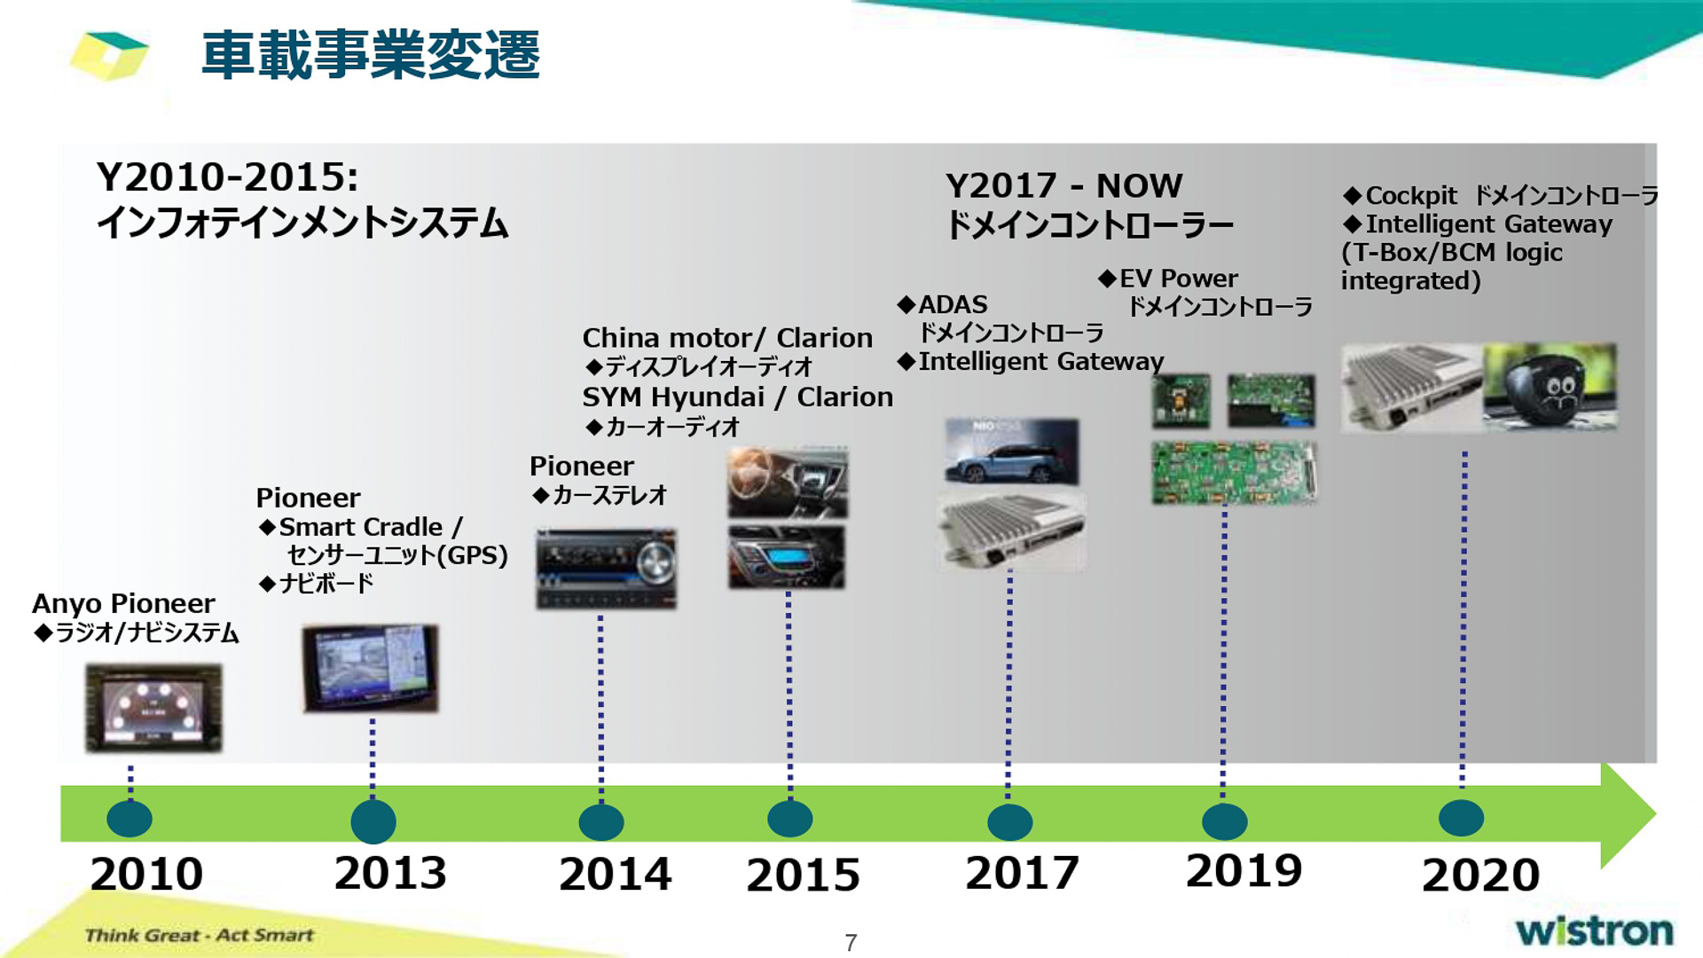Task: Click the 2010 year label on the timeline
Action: pyautogui.click(x=146, y=875)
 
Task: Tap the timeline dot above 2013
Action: pyautogui.click(x=373, y=821)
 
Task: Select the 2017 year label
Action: pyautogui.click(x=1022, y=873)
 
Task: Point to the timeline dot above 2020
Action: pyautogui.click(x=1461, y=818)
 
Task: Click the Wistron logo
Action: pyautogui.click(x=1594, y=931)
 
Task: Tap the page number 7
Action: pyautogui.click(x=851, y=943)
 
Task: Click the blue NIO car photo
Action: pyautogui.click(x=1011, y=452)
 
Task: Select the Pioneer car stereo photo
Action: pyautogui.click(x=606, y=569)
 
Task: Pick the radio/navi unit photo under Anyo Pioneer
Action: pyautogui.click(x=153, y=708)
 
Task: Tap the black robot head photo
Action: pyautogui.click(x=1550, y=388)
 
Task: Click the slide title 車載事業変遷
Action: pyautogui.click(x=371, y=55)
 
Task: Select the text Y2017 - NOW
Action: pyautogui.click(x=1063, y=186)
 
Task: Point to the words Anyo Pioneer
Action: pyautogui.click(x=123, y=604)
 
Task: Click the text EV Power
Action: pyautogui.click(x=1178, y=279)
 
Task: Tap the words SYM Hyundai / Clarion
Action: pyautogui.click(x=737, y=397)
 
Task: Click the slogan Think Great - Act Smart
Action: pyautogui.click(x=199, y=935)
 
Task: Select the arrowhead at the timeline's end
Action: pyautogui.click(x=1628, y=814)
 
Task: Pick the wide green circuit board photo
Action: pyautogui.click(x=1233, y=473)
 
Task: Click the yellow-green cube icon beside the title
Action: pyautogui.click(x=108, y=55)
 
